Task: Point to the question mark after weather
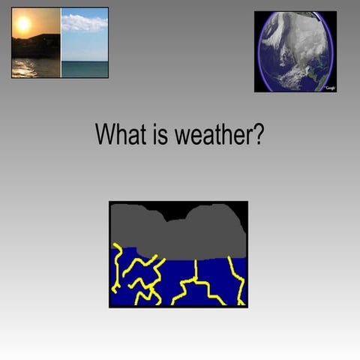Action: pyautogui.click(x=257, y=135)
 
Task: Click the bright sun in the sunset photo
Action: pyautogui.click(x=23, y=25)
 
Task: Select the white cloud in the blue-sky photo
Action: pyautogui.click(x=84, y=23)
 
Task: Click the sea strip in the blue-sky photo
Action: pyautogui.click(x=84, y=69)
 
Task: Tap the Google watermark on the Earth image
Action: pyautogui.click(x=329, y=88)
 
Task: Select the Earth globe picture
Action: pyautogui.click(x=295, y=51)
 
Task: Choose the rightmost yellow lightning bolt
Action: pyautogui.click(x=236, y=280)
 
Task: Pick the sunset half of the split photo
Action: pyautogui.click(x=36, y=43)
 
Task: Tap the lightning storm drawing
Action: pyautogui.click(x=178, y=254)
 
